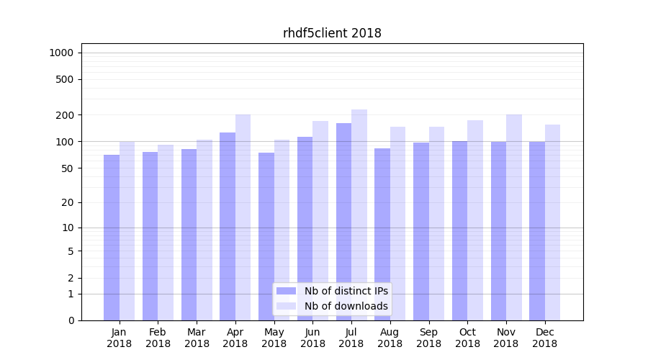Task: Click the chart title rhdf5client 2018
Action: pyautogui.click(x=332, y=33)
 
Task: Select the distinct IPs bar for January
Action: pyautogui.click(x=112, y=238)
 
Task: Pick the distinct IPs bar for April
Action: pyautogui.click(x=228, y=226)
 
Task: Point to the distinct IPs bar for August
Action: pyautogui.click(x=382, y=234)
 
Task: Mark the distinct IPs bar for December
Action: pyautogui.click(x=537, y=231)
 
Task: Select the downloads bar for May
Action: pyautogui.click(x=282, y=230)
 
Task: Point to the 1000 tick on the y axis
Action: pyautogui.click(x=61, y=53)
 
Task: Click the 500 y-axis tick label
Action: pyautogui.click(x=65, y=79)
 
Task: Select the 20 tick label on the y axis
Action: pyautogui.click(x=68, y=202)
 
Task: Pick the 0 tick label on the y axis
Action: pyautogui.click(x=71, y=320)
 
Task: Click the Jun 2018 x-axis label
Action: pyautogui.click(x=312, y=338)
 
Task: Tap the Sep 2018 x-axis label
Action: pyautogui.click(x=428, y=338)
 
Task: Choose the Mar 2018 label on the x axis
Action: pyautogui.click(x=197, y=338)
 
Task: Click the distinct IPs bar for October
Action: pyautogui.click(x=459, y=230)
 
